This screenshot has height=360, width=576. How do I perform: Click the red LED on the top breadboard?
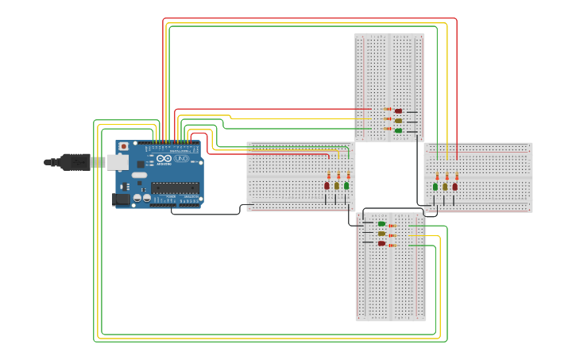pyautogui.click(x=398, y=110)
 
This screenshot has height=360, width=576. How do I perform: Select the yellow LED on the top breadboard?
pyautogui.click(x=398, y=120)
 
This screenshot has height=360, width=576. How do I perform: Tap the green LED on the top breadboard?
pyautogui.click(x=398, y=130)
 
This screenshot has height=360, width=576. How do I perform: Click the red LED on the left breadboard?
pyautogui.click(x=327, y=185)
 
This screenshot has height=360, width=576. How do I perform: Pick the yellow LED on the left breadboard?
pyautogui.click(x=336, y=185)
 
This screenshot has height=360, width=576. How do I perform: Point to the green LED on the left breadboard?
pyautogui.click(x=346, y=185)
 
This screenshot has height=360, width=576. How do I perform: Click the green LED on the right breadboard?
pyautogui.click(x=435, y=187)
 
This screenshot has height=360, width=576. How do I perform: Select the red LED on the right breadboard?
pyautogui.click(x=455, y=187)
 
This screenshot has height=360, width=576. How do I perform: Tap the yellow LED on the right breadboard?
pyautogui.click(x=445, y=187)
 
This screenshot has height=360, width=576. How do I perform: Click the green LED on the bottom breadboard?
pyautogui.click(x=382, y=224)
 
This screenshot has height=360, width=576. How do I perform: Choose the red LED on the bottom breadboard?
pyautogui.click(x=382, y=243)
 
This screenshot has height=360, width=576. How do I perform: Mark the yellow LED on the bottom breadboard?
pyautogui.click(x=382, y=234)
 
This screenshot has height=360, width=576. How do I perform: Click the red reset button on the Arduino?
pyautogui.click(x=123, y=147)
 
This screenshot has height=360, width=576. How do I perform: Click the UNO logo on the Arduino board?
pyautogui.click(x=181, y=159)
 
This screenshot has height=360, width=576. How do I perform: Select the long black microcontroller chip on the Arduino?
pyautogui.click(x=175, y=188)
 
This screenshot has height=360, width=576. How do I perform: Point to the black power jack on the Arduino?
pyautogui.click(x=121, y=199)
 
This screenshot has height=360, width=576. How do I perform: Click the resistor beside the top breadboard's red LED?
pyautogui.click(x=388, y=110)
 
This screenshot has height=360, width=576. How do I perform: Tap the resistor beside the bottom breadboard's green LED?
pyautogui.click(x=392, y=226)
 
